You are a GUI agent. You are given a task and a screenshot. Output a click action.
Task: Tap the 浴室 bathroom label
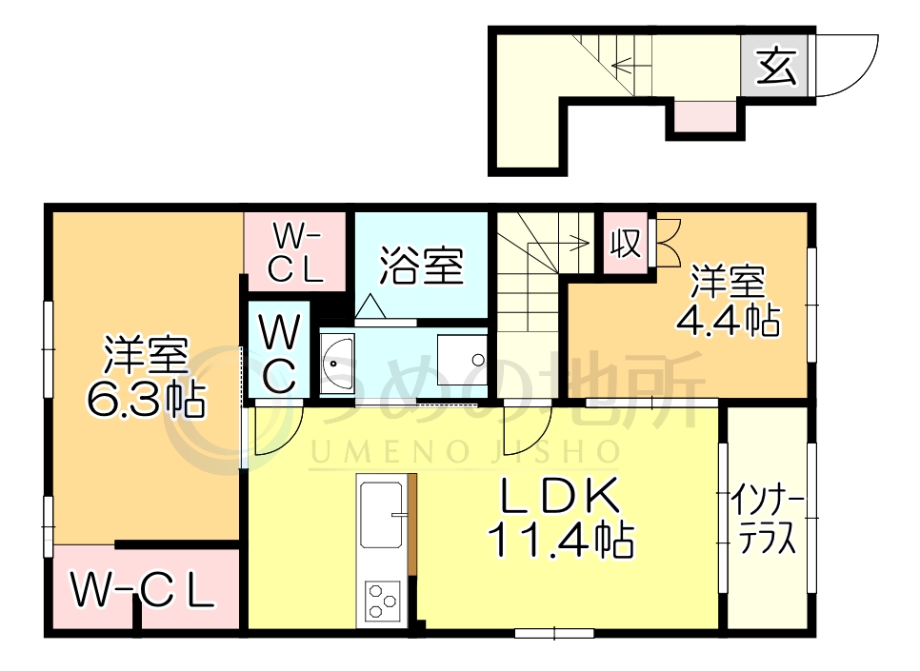(x=421, y=266)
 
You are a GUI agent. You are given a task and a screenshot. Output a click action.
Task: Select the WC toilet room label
(x=278, y=355)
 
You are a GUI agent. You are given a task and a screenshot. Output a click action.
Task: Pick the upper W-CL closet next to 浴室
(x=294, y=252)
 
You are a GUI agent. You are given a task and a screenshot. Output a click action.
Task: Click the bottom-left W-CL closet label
(x=143, y=591)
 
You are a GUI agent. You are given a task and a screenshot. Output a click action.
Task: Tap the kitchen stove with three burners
(x=382, y=600)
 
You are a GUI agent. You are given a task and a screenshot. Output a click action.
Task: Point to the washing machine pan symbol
(x=463, y=361)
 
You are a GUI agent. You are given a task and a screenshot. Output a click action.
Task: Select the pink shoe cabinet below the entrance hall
(x=705, y=118)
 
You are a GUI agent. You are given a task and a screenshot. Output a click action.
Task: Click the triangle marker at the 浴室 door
(x=370, y=306)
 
